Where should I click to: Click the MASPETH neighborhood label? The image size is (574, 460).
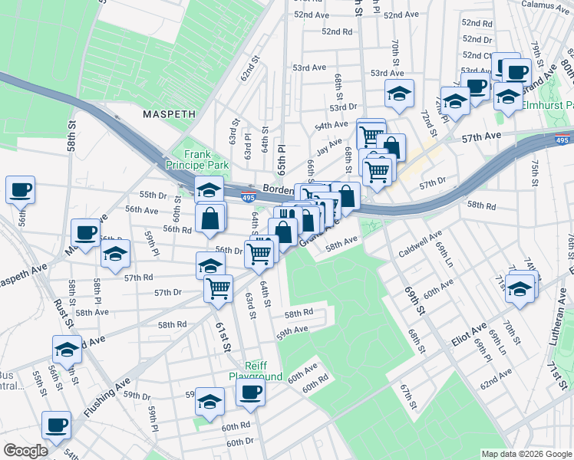pos(169,113)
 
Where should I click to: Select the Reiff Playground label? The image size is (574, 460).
pos(256,371)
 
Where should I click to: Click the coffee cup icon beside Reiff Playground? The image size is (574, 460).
pos(250,394)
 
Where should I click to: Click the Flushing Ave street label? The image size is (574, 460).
pos(107,399)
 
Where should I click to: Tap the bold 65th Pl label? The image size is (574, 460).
pos(282,158)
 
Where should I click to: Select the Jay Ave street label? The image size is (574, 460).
pos(329,143)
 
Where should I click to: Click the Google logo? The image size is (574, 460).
pos(25,451)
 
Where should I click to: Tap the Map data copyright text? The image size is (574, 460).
pos(526,454)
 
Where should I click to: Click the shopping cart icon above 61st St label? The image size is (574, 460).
pos(219,288)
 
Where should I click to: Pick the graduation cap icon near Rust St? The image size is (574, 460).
pos(68,349)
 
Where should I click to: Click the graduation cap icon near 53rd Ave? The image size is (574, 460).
pos(399,94)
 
